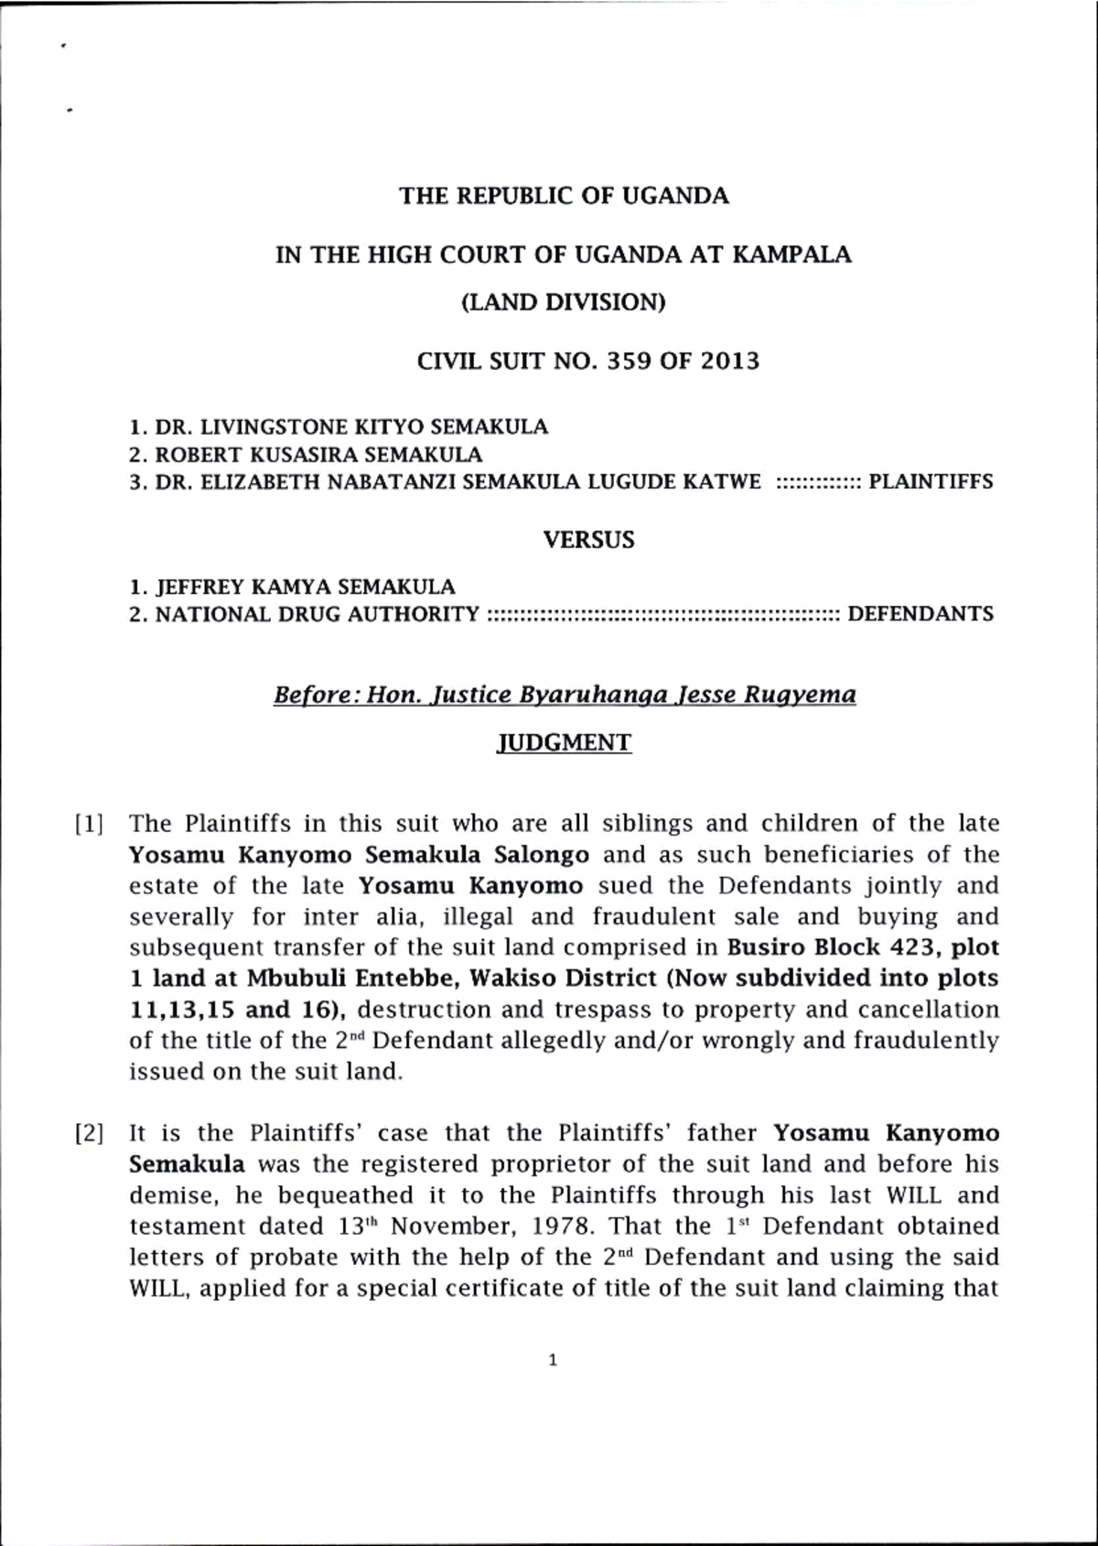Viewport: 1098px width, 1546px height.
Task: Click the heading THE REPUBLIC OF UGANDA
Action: [564, 196]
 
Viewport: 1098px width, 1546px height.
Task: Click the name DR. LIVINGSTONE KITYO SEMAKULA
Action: [351, 427]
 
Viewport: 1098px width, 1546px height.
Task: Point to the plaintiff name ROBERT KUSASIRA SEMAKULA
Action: [318, 455]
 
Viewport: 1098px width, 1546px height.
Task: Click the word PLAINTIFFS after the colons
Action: [930, 481]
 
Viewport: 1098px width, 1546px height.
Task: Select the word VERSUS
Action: [588, 540]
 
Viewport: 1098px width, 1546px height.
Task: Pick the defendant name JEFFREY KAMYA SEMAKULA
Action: [305, 587]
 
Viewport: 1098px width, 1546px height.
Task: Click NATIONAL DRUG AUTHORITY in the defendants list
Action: [317, 614]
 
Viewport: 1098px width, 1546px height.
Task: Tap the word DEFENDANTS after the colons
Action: [920, 614]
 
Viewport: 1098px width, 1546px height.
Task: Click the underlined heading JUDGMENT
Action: [563, 742]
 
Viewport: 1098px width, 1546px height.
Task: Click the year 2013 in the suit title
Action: [730, 361]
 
